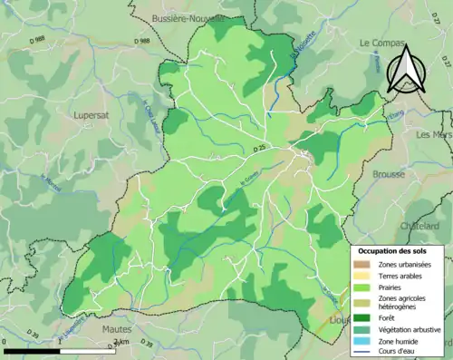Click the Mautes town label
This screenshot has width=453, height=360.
[x=118, y=331]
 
